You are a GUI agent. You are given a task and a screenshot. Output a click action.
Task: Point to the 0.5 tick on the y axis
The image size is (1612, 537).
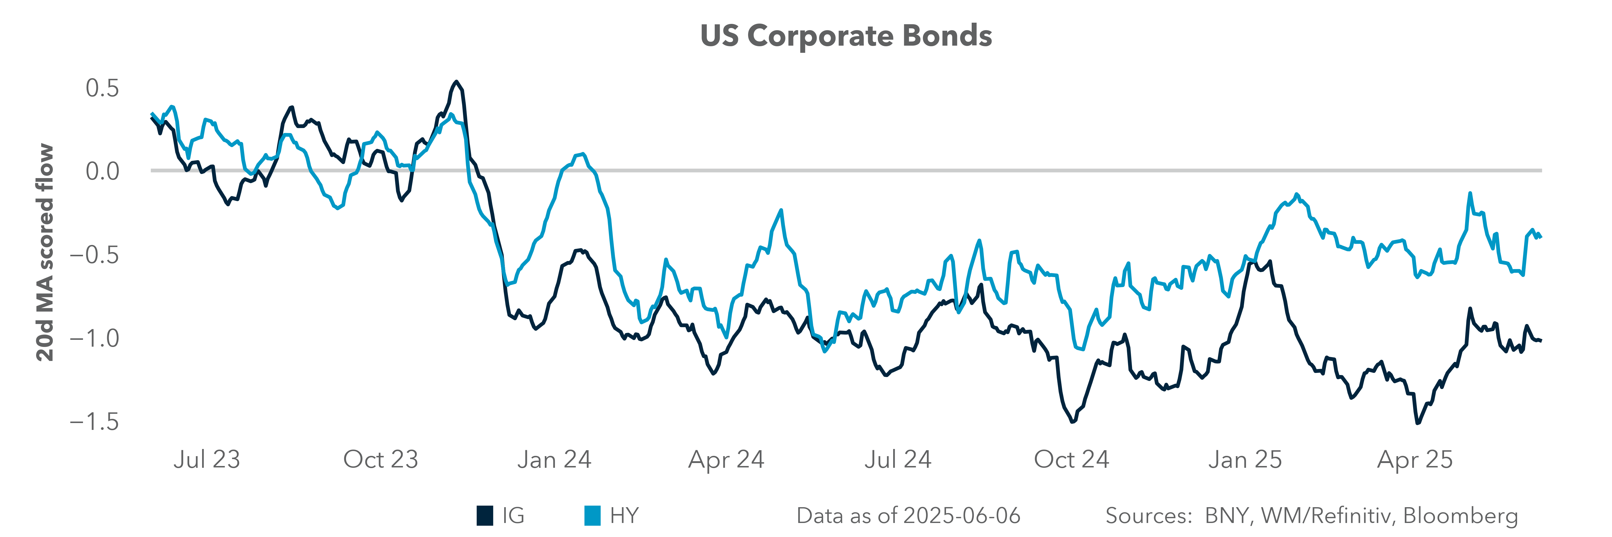tap(102, 88)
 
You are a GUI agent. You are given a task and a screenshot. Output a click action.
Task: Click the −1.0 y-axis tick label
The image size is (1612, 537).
tap(94, 338)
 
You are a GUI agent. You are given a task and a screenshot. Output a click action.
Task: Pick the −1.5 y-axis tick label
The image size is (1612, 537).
tap(94, 422)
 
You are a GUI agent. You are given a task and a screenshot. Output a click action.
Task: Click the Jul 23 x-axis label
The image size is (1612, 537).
tap(207, 459)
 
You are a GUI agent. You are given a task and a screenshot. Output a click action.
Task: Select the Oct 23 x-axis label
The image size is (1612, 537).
tap(381, 459)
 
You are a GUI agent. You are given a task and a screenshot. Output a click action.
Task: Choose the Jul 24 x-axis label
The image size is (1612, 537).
tap(898, 459)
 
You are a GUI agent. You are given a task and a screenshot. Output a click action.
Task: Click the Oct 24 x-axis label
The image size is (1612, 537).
tap(1071, 459)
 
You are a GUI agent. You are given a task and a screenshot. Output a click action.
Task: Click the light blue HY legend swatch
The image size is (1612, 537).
tap(592, 516)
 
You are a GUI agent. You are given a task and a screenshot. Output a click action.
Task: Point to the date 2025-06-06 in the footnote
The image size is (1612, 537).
tap(962, 516)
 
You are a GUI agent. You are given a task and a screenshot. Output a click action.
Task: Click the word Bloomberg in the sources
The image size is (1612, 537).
tap(1461, 516)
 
